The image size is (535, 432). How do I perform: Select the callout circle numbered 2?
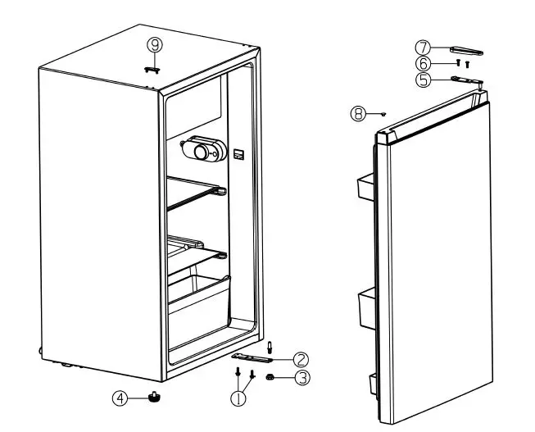[301, 358]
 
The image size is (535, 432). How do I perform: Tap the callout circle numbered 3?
[301, 377]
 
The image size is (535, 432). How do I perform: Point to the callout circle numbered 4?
[120, 398]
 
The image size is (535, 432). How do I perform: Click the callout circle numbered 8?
[357, 114]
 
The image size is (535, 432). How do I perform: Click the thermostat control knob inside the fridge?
[200, 149]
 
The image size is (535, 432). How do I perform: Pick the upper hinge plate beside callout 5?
[463, 80]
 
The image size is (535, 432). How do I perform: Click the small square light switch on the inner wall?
[238, 153]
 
